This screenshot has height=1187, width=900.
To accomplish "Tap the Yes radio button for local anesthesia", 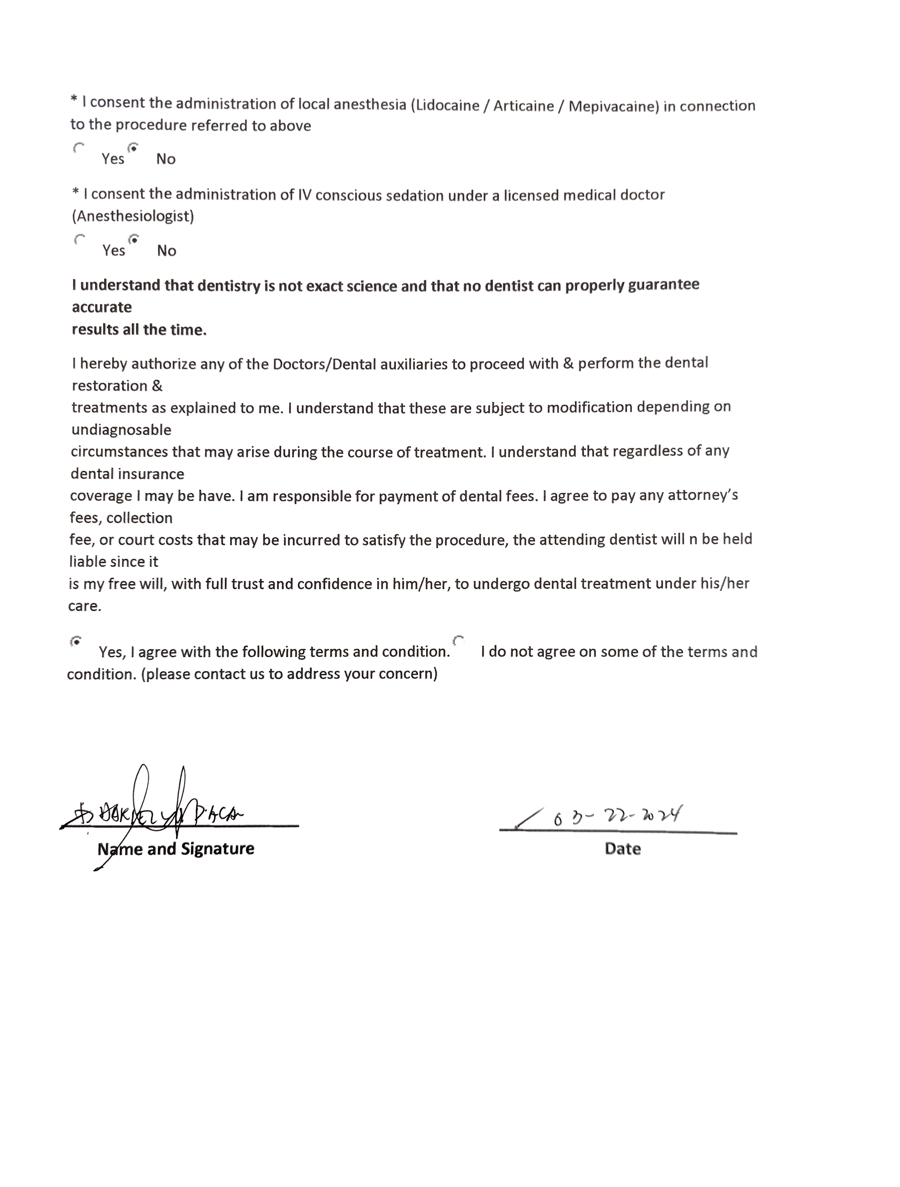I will point(79,148).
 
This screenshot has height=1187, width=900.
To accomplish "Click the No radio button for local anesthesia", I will point(133,148).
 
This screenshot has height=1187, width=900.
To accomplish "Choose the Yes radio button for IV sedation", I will point(80,239).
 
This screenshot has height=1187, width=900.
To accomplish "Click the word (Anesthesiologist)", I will point(133,216).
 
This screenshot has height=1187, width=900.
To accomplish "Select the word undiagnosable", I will point(121,430).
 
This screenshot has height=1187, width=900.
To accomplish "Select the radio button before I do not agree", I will point(458,641).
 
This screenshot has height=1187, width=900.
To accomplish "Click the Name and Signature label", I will point(176,849).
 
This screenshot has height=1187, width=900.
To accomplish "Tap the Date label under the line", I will point(623,849).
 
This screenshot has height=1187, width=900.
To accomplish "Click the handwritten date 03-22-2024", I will point(617,816).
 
